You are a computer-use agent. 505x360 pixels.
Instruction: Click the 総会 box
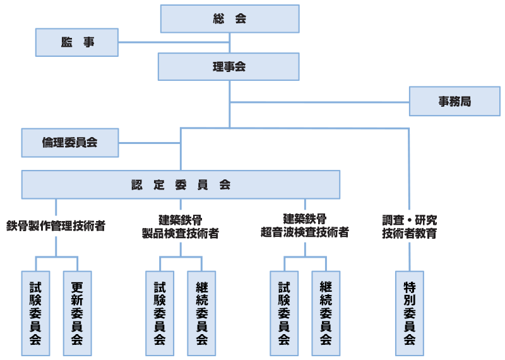(x=229, y=19)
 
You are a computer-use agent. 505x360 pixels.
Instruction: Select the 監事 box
(x=77, y=42)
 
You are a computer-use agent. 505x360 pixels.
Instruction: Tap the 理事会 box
(x=229, y=66)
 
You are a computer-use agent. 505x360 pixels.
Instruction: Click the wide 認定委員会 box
(x=181, y=184)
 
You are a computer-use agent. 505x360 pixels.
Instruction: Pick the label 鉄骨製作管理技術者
(x=56, y=225)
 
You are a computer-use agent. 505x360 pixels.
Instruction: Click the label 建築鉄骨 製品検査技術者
(x=181, y=226)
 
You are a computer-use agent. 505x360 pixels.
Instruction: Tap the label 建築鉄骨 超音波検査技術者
(x=305, y=226)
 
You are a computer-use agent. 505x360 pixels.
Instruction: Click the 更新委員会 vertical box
(x=77, y=313)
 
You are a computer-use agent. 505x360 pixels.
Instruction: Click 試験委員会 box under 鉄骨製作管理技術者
(x=35, y=313)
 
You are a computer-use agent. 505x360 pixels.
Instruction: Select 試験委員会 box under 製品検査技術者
(x=160, y=313)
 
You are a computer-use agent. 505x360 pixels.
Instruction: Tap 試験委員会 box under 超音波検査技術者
(x=284, y=313)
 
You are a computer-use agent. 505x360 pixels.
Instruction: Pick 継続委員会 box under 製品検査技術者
(x=201, y=313)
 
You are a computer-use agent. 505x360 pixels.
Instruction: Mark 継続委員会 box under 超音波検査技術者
(x=326, y=313)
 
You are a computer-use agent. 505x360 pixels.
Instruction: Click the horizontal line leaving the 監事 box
(x=174, y=42)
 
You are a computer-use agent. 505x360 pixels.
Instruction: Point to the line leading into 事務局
(x=319, y=102)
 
